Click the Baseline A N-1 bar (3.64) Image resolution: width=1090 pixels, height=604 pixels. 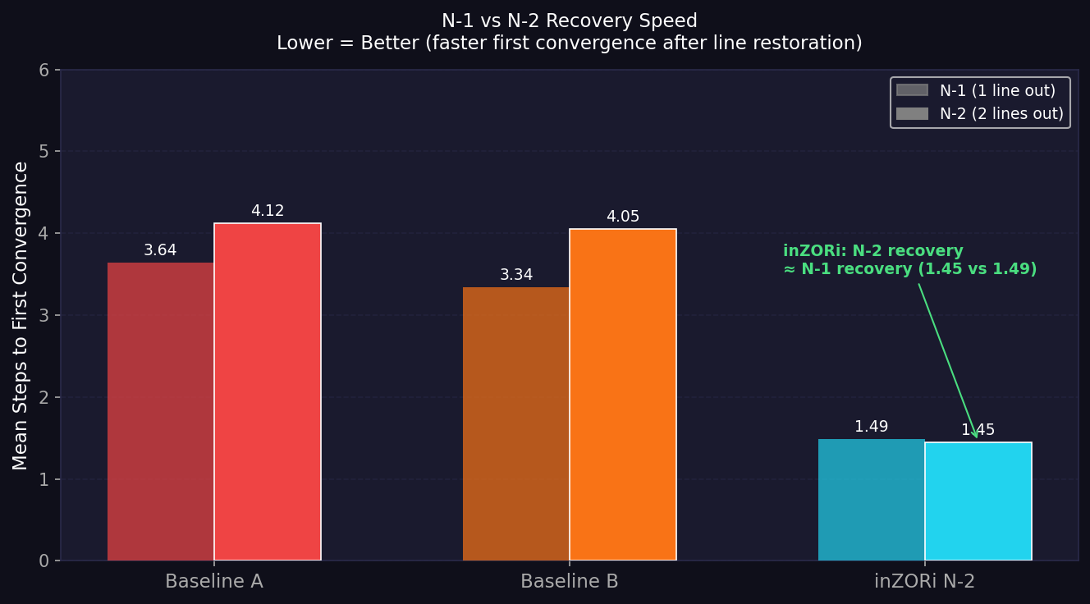coord(161,411)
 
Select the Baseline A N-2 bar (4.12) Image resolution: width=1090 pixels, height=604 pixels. coord(268,391)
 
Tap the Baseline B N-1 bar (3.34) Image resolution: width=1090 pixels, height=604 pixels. coord(516,423)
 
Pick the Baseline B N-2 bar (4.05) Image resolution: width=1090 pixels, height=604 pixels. coord(623,395)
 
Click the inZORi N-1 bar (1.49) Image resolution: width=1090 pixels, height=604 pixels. coord(872,500)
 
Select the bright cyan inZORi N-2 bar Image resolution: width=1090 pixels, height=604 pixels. coord(978,501)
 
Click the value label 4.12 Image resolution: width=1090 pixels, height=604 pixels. coord(268,211)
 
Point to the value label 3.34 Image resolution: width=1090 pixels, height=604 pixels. coord(516,275)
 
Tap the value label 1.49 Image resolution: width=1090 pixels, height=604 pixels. coord(872,427)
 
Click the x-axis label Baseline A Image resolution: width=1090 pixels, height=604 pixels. coord(214,582)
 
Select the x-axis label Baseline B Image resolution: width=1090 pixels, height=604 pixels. coord(570,582)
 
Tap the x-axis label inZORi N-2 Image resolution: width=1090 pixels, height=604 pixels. coord(925,582)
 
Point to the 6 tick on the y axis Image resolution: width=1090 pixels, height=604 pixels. coord(44,71)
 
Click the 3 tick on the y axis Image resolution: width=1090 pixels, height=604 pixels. coord(44,316)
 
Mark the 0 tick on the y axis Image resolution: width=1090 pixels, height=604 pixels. coord(44,561)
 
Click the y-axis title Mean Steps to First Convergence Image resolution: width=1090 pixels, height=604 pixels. coord(21,315)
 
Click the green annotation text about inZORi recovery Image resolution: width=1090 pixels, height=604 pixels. coord(909,260)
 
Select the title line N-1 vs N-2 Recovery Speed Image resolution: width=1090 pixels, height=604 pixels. coord(570,21)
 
